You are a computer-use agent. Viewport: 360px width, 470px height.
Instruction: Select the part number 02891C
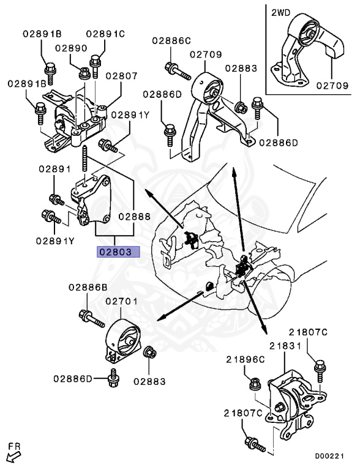coord(105,34)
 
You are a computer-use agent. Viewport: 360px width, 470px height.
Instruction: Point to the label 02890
coord(71,47)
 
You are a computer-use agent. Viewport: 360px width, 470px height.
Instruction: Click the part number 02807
coord(121,76)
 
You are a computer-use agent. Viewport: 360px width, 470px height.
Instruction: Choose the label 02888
coord(135,216)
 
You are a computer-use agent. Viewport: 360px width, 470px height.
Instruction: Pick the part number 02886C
coord(171,42)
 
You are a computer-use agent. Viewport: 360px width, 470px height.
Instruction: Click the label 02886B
coord(88,287)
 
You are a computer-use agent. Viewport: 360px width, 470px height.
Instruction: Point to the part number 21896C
coord(246,360)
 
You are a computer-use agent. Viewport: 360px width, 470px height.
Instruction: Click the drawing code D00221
coord(331,456)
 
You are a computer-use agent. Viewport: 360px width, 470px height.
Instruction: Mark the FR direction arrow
coord(12,455)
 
